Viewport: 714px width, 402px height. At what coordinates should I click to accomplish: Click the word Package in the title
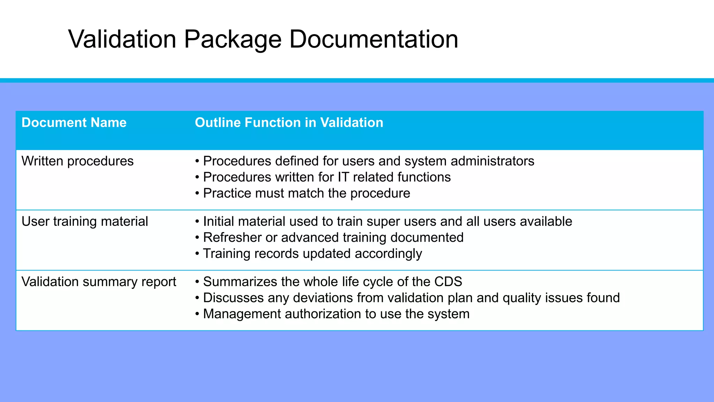point(233,39)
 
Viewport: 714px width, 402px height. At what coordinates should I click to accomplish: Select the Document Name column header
point(74,123)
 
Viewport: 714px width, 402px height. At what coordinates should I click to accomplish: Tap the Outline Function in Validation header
point(289,123)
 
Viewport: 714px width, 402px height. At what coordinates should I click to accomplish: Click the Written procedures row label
point(77,161)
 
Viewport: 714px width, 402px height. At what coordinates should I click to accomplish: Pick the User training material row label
point(85,222)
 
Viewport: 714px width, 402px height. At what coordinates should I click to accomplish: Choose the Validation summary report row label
point(99,282)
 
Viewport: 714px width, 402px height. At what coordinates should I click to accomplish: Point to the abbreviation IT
point(343,177)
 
